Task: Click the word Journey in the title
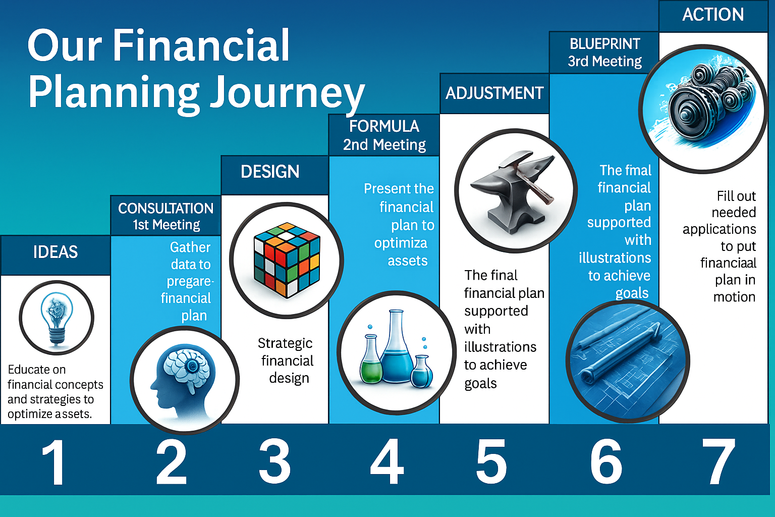(288, 93)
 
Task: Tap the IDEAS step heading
(56, 252)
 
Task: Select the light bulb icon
(57, 318)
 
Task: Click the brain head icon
(184, 380)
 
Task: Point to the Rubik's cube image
(287, 260)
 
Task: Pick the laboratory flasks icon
(397, 352)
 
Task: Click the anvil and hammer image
(516, 190)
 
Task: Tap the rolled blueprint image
(628, 361)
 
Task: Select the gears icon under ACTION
(704, 109)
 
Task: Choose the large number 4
(387, 461)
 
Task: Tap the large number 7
(718, 461)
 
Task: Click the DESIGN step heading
(270, 172)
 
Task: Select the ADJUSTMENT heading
(494, 93)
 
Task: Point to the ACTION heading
(713, 15)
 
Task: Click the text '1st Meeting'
(167, 225)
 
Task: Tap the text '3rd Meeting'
(605, 61)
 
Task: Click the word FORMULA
(384, 126)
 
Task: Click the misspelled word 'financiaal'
(728, 263)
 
